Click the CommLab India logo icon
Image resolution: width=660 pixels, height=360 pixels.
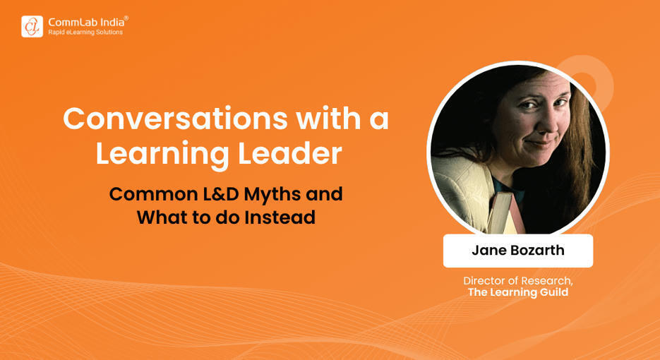pyautogui.click(x=32, y=26)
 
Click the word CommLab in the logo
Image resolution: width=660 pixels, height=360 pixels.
pyautogui.click(x=69, y=21)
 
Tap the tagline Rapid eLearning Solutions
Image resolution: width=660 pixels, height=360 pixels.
pyautogui.click(x=85, y=32)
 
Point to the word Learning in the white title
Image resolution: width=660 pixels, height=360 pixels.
pyautogui.click(x=159, y=155)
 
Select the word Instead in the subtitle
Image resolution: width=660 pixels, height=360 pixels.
pyautogui.click(x=280, y=217)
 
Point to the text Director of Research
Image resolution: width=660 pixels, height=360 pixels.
pyautogui.click(x=517, y=280)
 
